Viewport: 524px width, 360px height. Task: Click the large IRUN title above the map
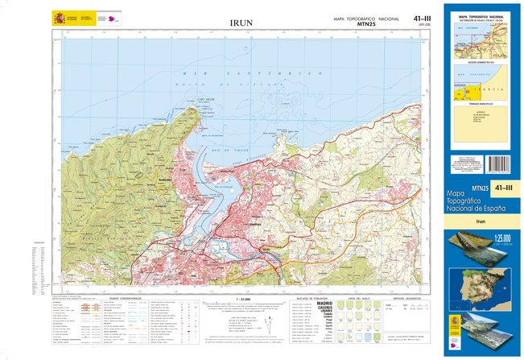241,23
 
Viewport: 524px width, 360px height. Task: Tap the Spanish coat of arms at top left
58,17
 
